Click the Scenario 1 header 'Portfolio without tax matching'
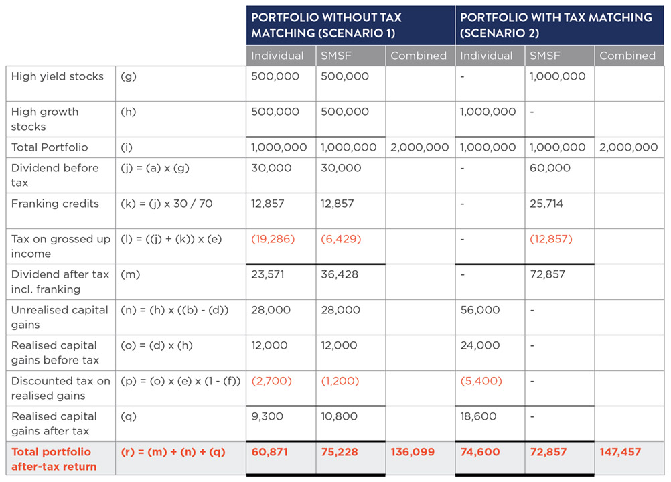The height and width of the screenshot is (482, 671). pos(326,25)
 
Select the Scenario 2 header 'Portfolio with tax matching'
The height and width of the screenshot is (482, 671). pos(556,25)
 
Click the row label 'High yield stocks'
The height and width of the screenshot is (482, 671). pos(58,76)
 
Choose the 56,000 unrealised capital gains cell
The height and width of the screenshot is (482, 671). pos(479,310)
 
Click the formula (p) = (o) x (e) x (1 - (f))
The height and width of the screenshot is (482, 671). pos(180,381)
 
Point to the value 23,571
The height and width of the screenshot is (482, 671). pos(270,274)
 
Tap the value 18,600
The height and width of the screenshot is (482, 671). pos(478,416)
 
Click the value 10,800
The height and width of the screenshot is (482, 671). pos(339,416)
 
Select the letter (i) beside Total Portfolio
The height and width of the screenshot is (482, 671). pos(127,147)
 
